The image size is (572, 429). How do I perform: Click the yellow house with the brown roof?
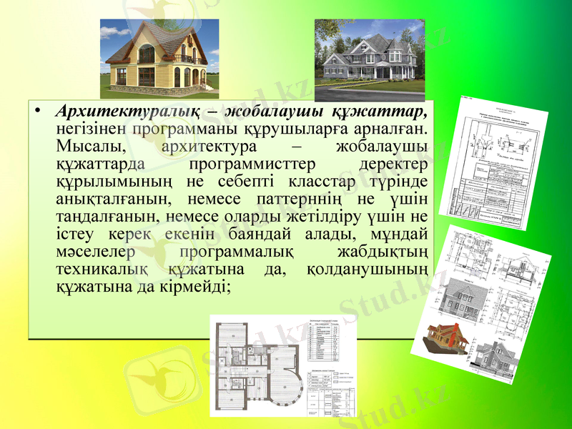[159, 59]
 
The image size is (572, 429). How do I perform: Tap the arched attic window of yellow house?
[146, 54]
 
